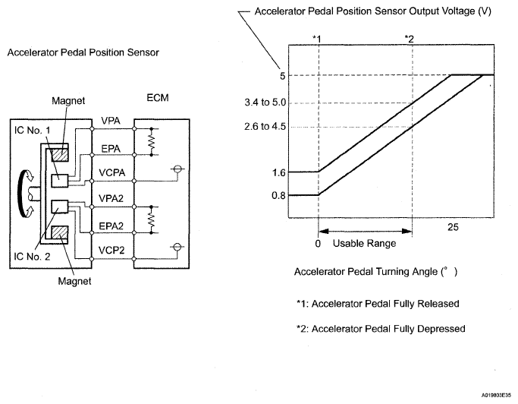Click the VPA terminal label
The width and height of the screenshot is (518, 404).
coord(111,121)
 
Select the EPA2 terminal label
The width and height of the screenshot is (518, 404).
coord(111,226)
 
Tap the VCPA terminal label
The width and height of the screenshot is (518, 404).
coord(112,172)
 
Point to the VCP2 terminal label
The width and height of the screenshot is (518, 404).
coord(111,251)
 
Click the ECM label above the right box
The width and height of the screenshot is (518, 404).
coord(158,98)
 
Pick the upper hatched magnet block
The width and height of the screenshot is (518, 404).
coord(60,155)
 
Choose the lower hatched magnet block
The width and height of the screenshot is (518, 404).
coord(60,232)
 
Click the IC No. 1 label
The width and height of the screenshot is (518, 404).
coord(33,131)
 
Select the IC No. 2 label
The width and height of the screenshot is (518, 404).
coord(32,257)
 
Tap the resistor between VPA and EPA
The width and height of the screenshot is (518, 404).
coord(151,141)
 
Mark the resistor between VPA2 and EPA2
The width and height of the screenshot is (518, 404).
coord(151,219)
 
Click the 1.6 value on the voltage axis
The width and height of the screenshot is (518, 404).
coord(278,172)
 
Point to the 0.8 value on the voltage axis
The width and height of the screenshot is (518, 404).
coord(278,196)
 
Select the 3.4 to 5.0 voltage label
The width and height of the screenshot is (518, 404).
coord(265,103)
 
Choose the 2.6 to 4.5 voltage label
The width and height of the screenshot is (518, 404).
coord(265,126)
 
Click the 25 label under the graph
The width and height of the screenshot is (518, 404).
coord(454,227)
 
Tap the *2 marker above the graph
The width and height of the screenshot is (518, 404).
coord(410,39)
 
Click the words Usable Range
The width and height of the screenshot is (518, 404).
coord(364,244)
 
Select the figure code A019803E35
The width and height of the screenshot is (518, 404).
coord(496,395)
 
